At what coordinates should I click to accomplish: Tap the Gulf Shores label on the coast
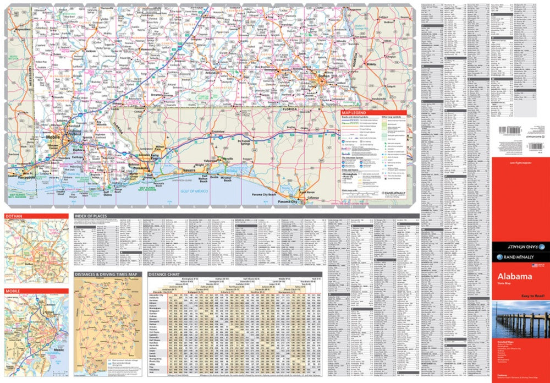(x=109, y=193)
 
